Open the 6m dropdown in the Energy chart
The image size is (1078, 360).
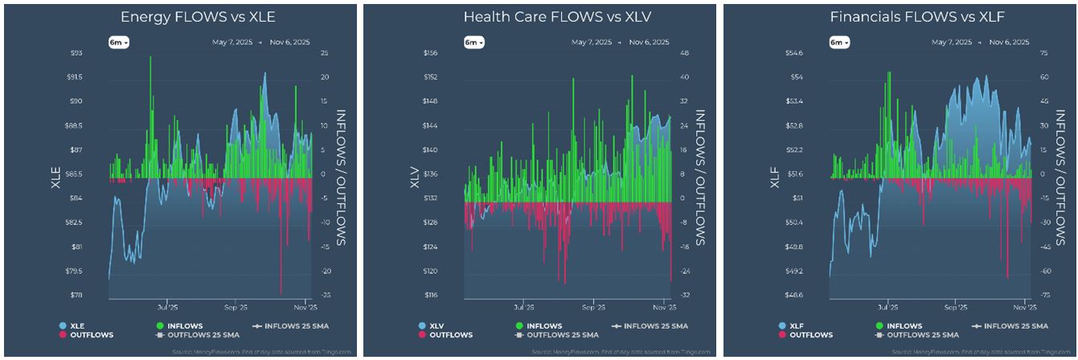coord(120,42)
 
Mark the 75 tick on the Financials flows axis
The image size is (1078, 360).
coord(1042,53)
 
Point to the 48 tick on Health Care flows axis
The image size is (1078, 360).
coord(684,53)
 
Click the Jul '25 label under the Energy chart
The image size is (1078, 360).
coord(167,306)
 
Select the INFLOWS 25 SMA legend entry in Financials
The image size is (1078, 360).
coord(1008,325)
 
